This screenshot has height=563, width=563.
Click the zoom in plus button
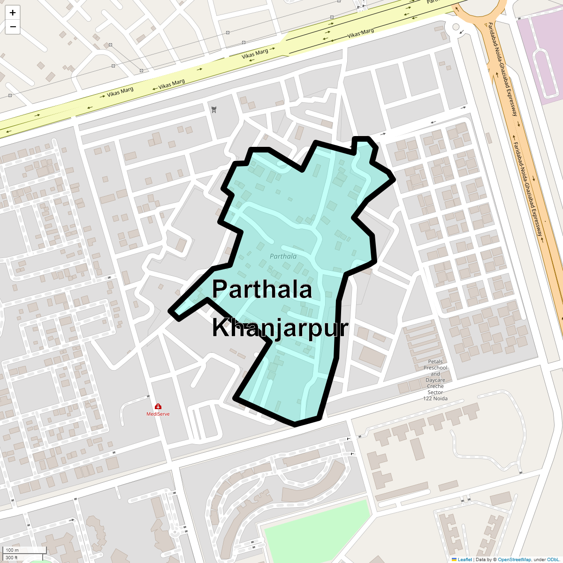tap(13, 13)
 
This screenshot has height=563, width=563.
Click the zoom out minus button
tap(13, 27)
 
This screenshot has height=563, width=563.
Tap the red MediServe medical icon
tap(158, 407)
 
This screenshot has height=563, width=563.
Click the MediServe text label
tap(158, 414)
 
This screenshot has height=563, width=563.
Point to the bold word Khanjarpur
tap(280, 328)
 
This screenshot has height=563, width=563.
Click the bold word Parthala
tap(262, 289)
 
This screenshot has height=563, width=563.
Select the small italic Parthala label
tap(283, 256)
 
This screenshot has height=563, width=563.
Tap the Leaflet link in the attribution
tap(465, 559)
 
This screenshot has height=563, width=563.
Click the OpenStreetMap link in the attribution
tap(514, 559)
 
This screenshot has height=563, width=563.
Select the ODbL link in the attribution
tap(553, 559)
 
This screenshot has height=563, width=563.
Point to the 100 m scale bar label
tap(12, 550)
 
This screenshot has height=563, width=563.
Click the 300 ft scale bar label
tap(12, 557)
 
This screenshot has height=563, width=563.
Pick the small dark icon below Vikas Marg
tap(214, 110)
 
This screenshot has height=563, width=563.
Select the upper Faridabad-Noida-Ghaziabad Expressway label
tap(502, 69)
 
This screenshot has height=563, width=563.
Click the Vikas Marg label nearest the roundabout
tap(360, 33)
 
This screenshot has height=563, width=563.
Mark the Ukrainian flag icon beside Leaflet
tap(454, 559)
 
